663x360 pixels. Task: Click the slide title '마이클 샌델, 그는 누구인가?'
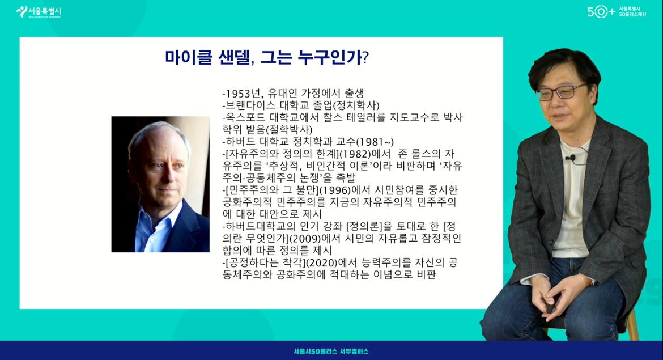coord(267,57)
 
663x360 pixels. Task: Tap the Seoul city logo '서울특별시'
coord(39,11)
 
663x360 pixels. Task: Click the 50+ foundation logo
coord(617,12)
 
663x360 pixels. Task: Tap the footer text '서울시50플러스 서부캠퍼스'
coord(331,351)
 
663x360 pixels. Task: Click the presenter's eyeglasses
coord(561,92)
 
